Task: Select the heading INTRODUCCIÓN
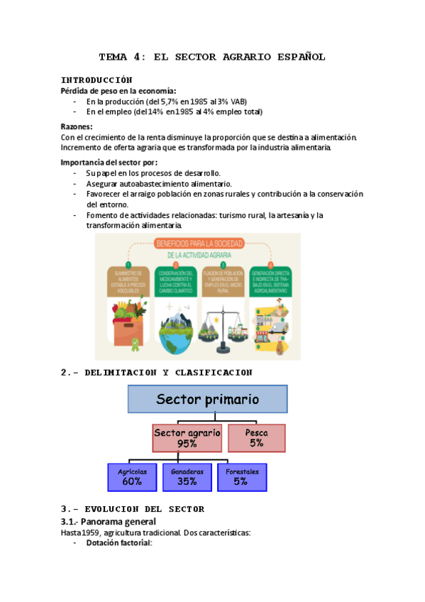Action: coord(96,80)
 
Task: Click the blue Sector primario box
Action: coord(207,399)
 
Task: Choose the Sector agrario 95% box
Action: coord(187,437)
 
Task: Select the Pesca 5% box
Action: coord(256,437)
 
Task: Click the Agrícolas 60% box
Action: coord(132,476)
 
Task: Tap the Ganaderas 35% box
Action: coord(187,476)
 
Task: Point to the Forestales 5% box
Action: coord(241,476)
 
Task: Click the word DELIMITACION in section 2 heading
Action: coord(121,372)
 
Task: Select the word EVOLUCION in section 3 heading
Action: coord(114,509)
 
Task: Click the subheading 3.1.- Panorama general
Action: coord(109,521)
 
